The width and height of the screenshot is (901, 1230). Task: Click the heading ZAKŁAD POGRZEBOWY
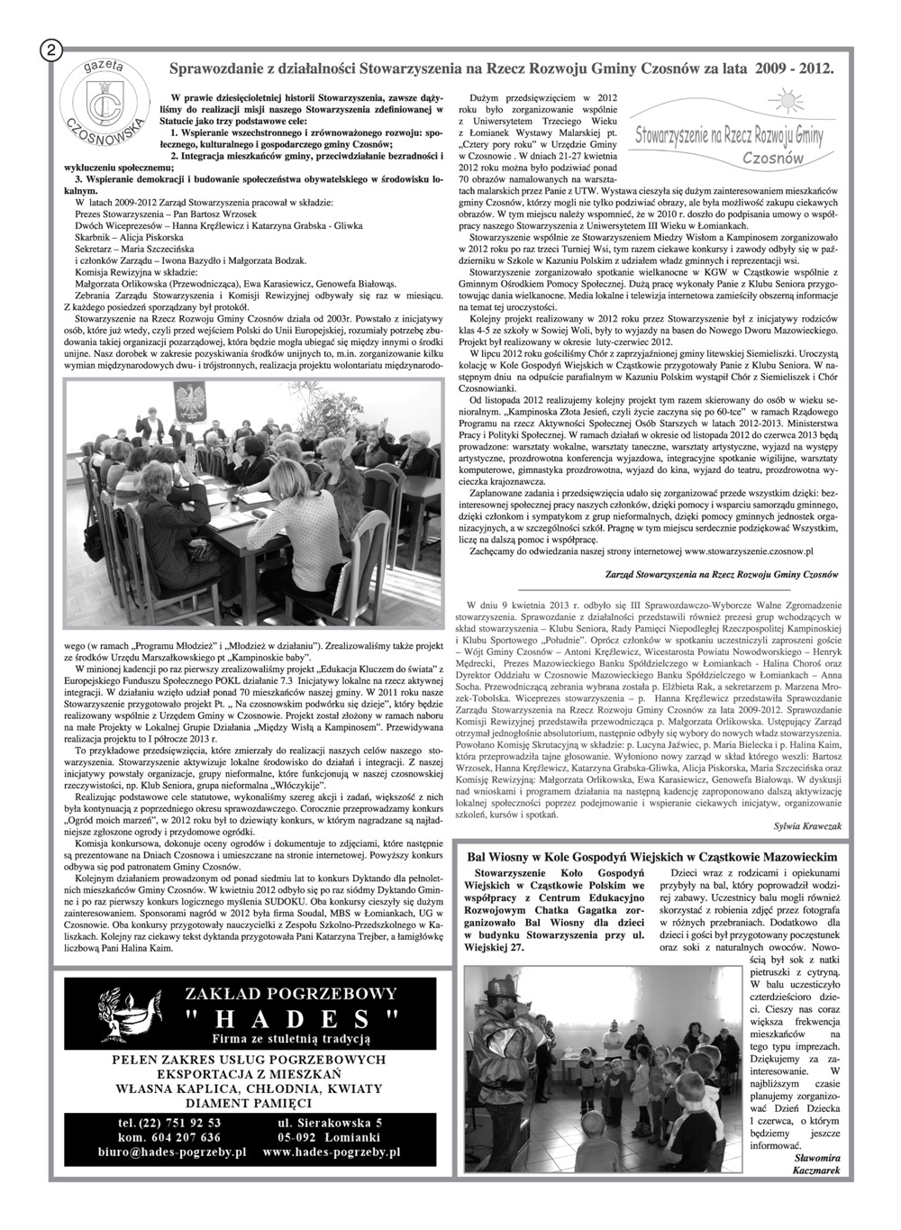290,994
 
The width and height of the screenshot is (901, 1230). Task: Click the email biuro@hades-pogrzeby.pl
172,1152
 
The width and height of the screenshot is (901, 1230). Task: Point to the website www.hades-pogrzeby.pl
338,1152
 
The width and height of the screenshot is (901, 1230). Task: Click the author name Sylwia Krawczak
806,825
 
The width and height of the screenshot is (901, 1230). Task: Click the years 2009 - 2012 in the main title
794,68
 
